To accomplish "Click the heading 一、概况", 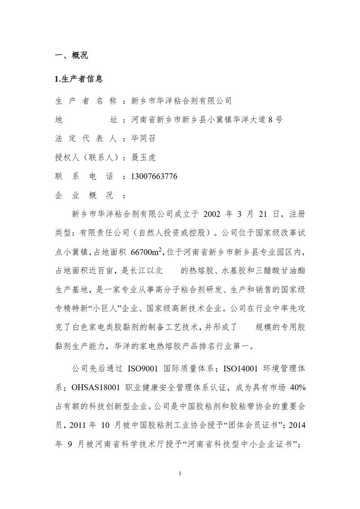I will point(71,55).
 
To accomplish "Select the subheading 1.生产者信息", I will point(79,79).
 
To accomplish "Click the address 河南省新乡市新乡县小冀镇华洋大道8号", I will point(207,120).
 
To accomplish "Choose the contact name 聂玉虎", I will point(143,158).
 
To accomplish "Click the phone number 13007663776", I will point(153,176).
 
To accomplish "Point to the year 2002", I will point(214,214).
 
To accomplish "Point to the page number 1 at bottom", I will point(180,473).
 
